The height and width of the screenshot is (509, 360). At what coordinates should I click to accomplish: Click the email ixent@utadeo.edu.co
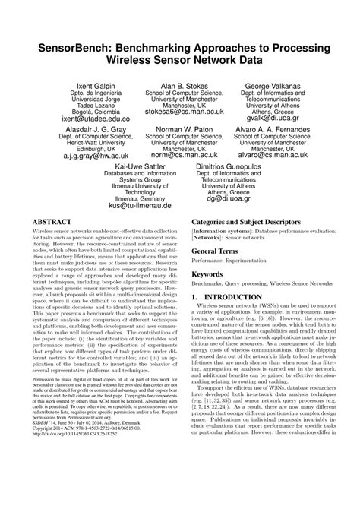[x=65, y=119]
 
